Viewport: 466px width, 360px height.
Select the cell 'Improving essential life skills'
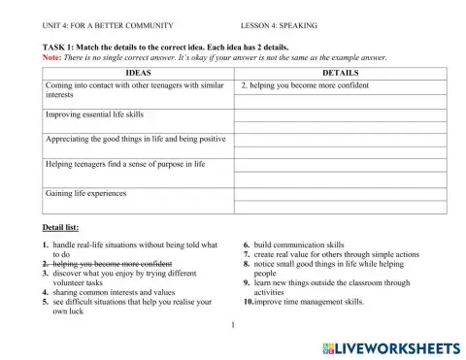[x=93, y=114]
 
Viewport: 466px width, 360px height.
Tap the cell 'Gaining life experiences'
[x=85, y=193]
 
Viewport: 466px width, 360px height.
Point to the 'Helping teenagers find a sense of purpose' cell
[x=125, y=165]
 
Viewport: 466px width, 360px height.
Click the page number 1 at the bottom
[x=234, y=325]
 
